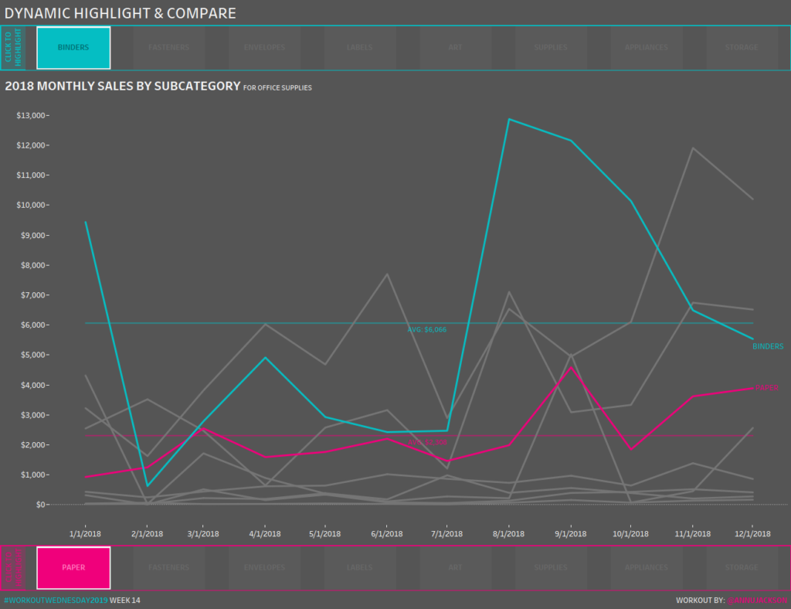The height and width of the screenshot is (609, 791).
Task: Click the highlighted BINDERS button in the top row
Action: [73, 48]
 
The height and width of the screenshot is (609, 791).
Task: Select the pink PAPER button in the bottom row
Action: [73, 567]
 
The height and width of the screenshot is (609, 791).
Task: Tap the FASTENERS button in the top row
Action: [168, 48]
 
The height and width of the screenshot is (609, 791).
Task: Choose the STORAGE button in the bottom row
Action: [742, 567]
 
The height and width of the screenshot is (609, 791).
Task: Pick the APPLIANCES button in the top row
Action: [647, 48]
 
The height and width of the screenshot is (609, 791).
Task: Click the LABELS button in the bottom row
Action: [359, 567]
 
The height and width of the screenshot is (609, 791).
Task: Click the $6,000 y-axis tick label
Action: [32, 325]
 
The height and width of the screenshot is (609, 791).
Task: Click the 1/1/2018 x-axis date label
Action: [85, 534]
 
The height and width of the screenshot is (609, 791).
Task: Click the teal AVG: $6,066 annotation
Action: [427, 330]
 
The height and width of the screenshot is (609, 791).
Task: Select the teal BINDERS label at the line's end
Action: [768, 346]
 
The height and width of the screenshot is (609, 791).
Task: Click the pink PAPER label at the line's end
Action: [766, 388]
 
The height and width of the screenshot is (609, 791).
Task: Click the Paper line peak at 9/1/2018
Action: [570, 366]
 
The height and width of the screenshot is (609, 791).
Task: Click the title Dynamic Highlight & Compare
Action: [121, 13]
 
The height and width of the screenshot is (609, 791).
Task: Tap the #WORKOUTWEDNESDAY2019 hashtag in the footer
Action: [56, 600]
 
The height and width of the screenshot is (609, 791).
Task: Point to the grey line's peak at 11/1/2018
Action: [693, 148]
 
